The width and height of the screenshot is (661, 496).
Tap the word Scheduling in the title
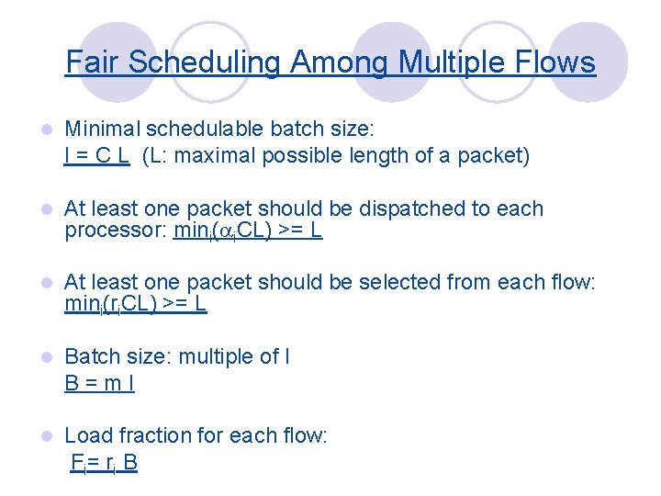click(205, 62)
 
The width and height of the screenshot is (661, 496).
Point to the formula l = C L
click(96, 156)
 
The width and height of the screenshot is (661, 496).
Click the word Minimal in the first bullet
click(99, 129)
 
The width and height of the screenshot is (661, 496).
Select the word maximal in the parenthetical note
click(211, 156)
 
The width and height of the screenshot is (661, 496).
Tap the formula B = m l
click(99, 383)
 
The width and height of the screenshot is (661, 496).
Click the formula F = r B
click(105, 462)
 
